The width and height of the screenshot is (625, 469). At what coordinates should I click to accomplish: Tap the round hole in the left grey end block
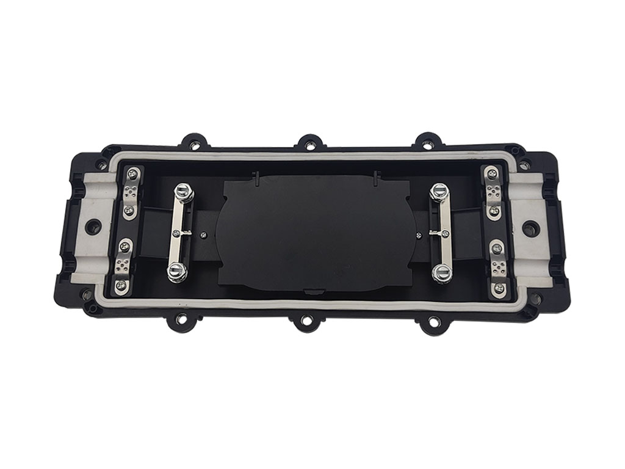(x=92, y=226)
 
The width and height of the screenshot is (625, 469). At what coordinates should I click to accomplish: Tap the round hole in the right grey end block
(x=530, y=228)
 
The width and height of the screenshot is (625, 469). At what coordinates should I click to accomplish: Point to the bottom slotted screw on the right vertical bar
(x=442, y=272)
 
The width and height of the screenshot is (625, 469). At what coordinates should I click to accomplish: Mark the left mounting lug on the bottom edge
(x=182, y=318)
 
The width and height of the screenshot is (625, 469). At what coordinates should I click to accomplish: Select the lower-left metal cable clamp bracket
(x=123, y=265)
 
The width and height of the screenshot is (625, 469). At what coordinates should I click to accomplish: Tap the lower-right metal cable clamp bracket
(x=499, y=267)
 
